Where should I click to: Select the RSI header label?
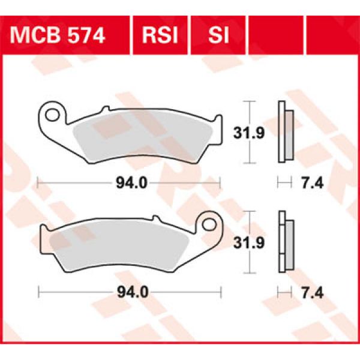pos(160,37)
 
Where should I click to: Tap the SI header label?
pos(218,37)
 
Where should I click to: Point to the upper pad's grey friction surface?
pos(144,136)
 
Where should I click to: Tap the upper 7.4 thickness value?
pos(307,182)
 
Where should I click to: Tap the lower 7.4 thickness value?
pos(307,293)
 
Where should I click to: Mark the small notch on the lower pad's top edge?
pos(155,219)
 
